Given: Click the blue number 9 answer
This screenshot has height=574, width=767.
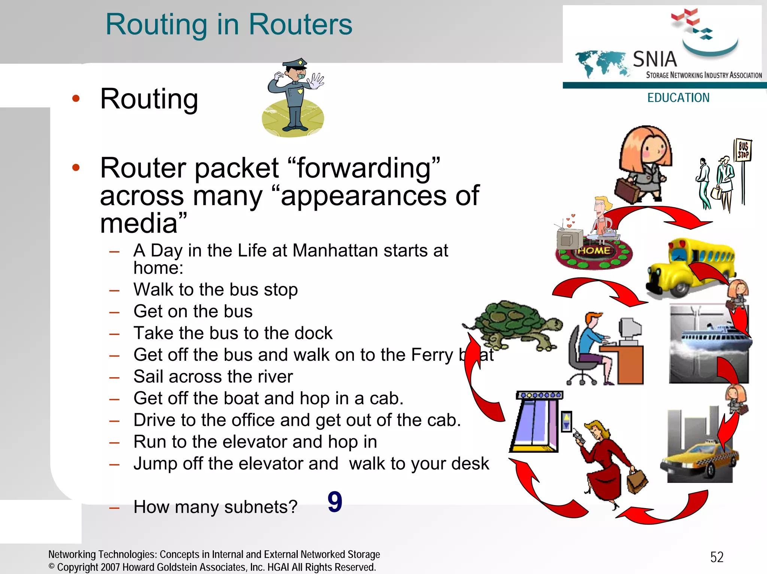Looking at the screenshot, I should pos(335,502).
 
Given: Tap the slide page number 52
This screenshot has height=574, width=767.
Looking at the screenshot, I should pos(717,557).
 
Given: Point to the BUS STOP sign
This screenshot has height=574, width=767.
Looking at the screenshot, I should pos(743,150).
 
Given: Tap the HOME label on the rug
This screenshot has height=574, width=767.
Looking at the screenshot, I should pos(594,250).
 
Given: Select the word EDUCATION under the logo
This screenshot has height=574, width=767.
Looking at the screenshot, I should pos(678,98).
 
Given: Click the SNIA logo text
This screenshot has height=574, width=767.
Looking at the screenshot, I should pos(655,59).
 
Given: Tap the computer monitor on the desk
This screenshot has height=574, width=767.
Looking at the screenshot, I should pos(630,329).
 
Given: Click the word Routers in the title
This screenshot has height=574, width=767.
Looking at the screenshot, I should pos(300,25).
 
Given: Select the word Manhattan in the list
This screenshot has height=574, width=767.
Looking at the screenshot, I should pos(335,250).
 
